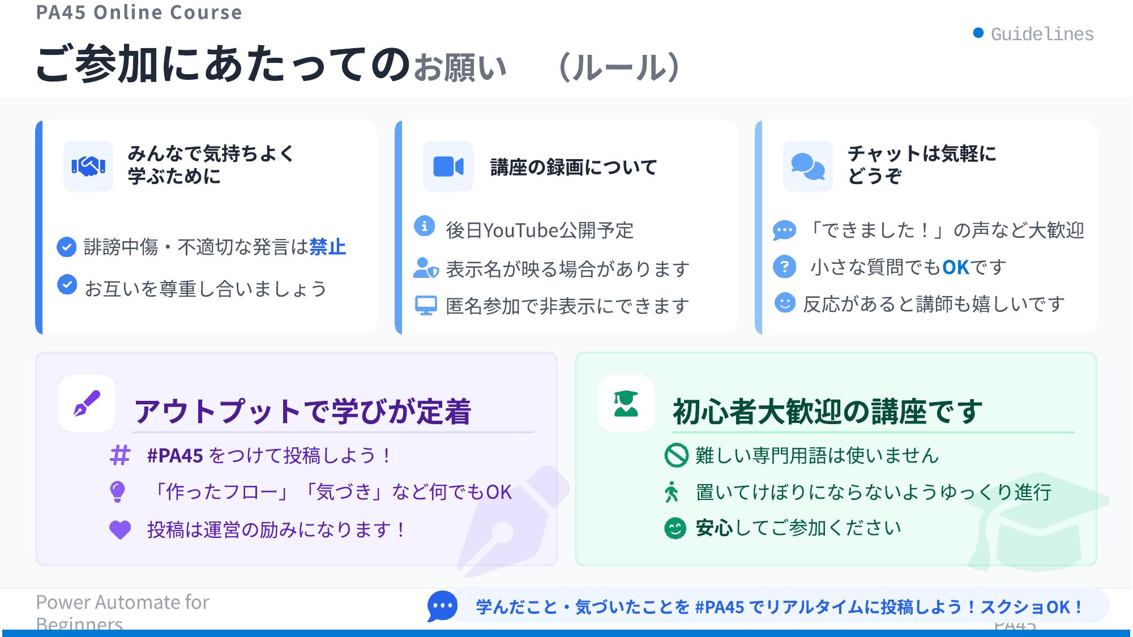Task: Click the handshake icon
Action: tap(88, 166)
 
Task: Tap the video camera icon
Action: tap(448, 166)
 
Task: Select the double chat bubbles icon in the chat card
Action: tap(807, 166)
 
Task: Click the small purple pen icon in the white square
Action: tap(87, 403)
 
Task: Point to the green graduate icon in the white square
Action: tap(626, 403)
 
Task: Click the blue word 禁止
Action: tap(327, 247)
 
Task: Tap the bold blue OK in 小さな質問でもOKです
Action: tap(955, 267)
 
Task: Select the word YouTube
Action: tap(521, 230)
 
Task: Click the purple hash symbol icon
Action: tap(119, 455)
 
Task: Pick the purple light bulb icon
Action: tap(117, 491)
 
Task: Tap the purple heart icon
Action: tap(119, 530)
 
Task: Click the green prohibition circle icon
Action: tap(675, 455)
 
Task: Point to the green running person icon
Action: tap(672, 491)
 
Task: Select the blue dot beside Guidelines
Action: tap(978, 33)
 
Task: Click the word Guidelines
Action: tap(1042, 34)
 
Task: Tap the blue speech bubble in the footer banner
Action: tap(442, 606)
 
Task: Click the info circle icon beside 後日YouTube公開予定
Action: tap(424, 226)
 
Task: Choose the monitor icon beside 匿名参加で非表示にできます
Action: tap(426, 306)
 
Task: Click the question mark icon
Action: tap(784, 267)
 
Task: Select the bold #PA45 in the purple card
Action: tap(174, 455)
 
